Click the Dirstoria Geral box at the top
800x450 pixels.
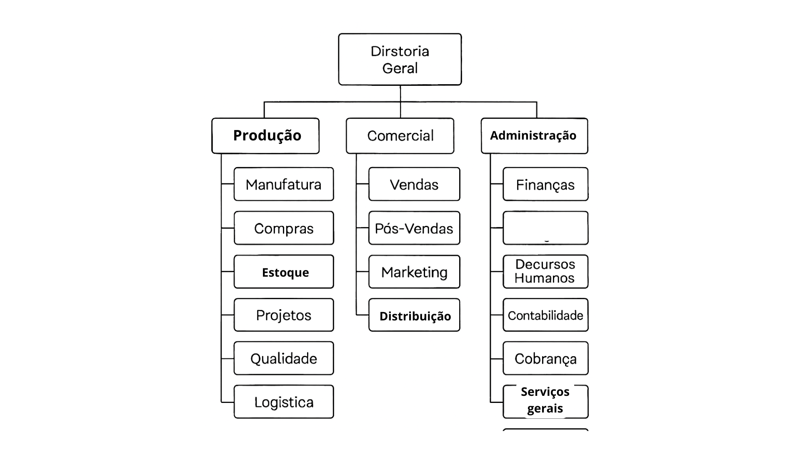point(400,60)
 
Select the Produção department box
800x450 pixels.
point(265,136)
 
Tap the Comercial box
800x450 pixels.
point(400,136)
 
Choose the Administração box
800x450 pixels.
point(534,136)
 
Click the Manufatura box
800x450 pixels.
point(284,184)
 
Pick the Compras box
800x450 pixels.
point(284,228)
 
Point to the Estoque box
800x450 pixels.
point(284,272)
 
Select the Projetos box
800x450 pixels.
point(284,315)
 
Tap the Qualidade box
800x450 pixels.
point(284,358)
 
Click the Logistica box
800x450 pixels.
point(284,402)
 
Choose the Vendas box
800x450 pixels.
point(414,184)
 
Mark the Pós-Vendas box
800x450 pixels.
point(414,228)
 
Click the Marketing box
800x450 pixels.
point(414,272)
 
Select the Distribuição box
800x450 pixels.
point(414,315)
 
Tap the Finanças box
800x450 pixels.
point(545,184)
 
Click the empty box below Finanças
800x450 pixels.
point(545,228)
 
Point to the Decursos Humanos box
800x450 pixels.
point(545,272)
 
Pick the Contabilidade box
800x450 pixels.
point(545,315)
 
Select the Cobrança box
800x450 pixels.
point(545,358)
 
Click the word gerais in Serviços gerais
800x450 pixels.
point(545,409)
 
